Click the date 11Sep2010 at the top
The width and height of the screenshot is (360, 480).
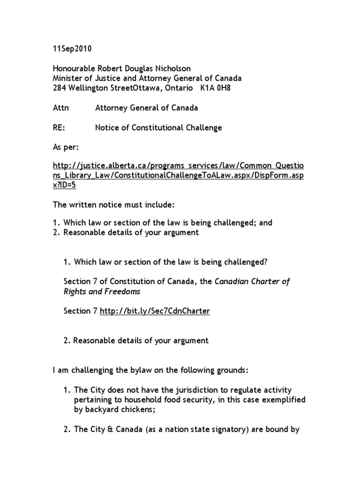[x=72, y=49]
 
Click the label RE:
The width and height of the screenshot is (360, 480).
[x=59, y=127]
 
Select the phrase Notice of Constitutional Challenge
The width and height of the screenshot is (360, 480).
[x=158, y=127]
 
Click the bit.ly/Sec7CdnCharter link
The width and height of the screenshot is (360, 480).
[x=155, y=311]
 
